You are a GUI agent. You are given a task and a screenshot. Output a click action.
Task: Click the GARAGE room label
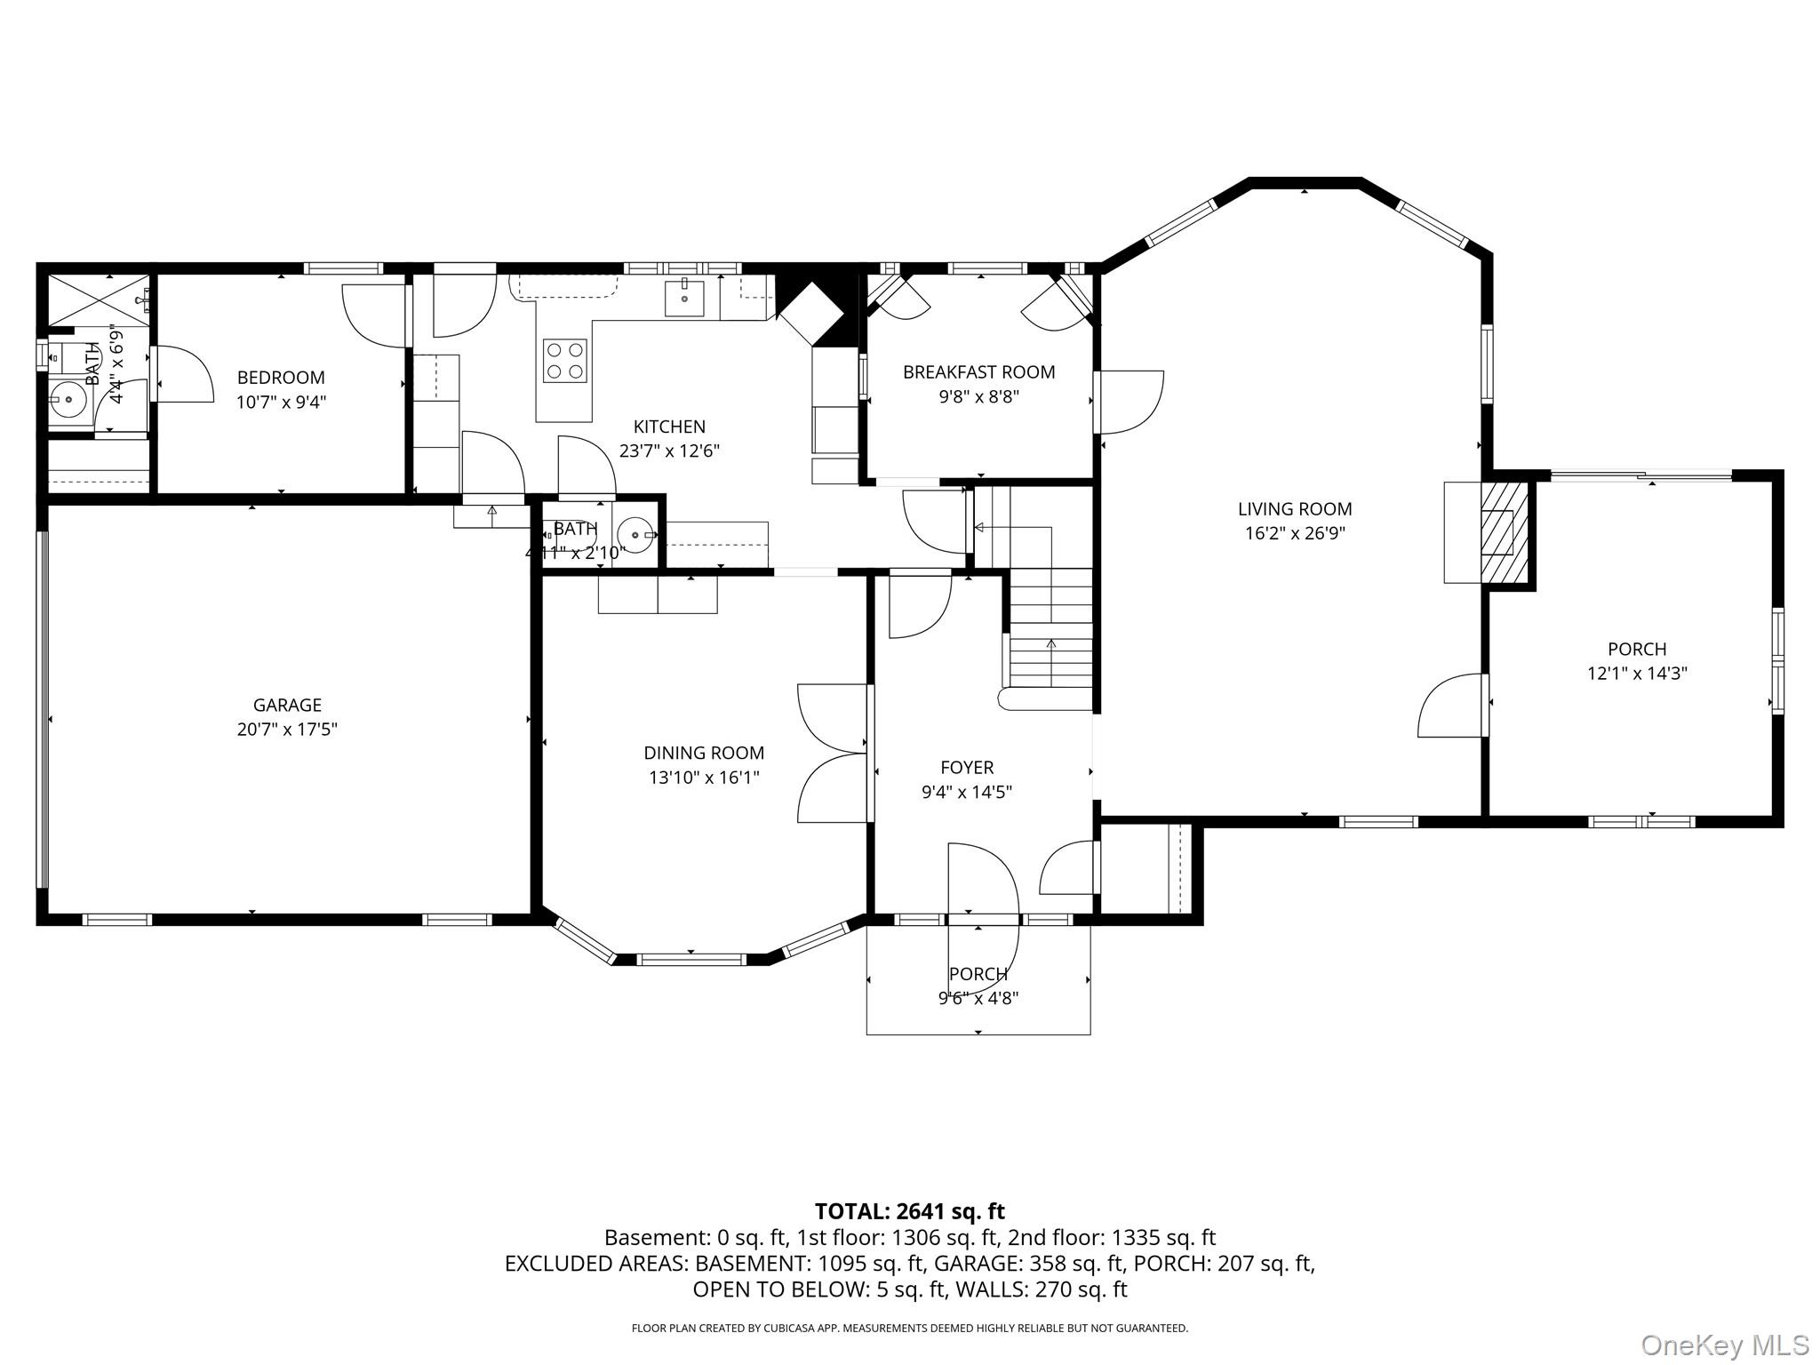[286, 705]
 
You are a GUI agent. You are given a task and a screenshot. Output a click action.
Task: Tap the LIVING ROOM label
[1294, 509]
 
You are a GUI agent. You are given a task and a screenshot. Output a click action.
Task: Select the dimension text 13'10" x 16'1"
[704, 778]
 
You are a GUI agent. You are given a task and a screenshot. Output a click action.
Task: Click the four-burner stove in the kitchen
[564, 361]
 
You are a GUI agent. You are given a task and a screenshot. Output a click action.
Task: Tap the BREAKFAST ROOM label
[978, 372]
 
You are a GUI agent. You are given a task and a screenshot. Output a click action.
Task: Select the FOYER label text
[967, 767]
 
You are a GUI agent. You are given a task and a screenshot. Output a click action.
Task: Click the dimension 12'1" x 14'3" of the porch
[1636, 674]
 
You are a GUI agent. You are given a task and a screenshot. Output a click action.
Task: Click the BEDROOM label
[281, 378]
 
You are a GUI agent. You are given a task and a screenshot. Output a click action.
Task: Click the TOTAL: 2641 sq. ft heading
[909, 1211]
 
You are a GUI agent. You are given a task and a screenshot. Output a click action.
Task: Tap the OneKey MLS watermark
[1724, 1345]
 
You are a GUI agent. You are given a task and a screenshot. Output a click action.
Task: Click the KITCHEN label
[669, 427]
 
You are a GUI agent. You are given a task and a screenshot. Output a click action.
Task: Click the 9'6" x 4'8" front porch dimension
[978, 998]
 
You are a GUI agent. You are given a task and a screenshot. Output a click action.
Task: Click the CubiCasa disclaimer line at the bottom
[909, 1329]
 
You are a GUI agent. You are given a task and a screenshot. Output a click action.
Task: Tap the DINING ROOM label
[704, 753]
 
